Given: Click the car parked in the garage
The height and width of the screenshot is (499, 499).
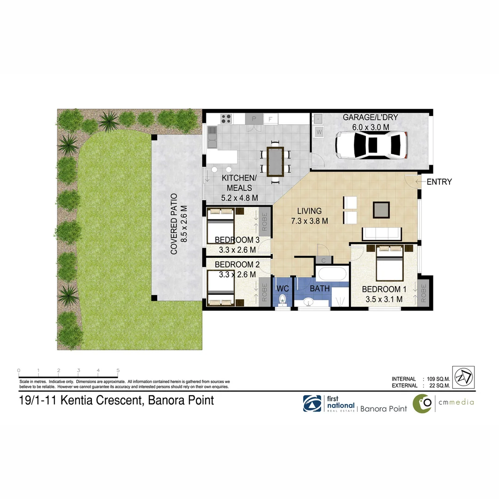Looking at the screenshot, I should coord(372,144).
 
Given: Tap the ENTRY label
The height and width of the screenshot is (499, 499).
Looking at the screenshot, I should coord(439,182).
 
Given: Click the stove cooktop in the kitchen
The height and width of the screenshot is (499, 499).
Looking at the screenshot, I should coord(226,118).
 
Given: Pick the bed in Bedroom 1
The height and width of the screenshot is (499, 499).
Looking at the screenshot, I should coord(390,264).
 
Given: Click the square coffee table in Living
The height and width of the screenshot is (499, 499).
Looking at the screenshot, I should coord(381,210).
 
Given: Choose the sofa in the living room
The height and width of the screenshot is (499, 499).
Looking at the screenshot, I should coord(382,234).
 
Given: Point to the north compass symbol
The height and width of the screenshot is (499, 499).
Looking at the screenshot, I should coord(463,377).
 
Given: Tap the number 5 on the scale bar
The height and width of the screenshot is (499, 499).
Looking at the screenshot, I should coord(118,371).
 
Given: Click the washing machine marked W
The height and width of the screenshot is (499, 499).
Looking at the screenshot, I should coord(319,132).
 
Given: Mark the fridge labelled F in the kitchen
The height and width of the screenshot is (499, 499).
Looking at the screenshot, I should coord(271,119).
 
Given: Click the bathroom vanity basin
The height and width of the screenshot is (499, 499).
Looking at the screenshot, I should coord(309,303).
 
